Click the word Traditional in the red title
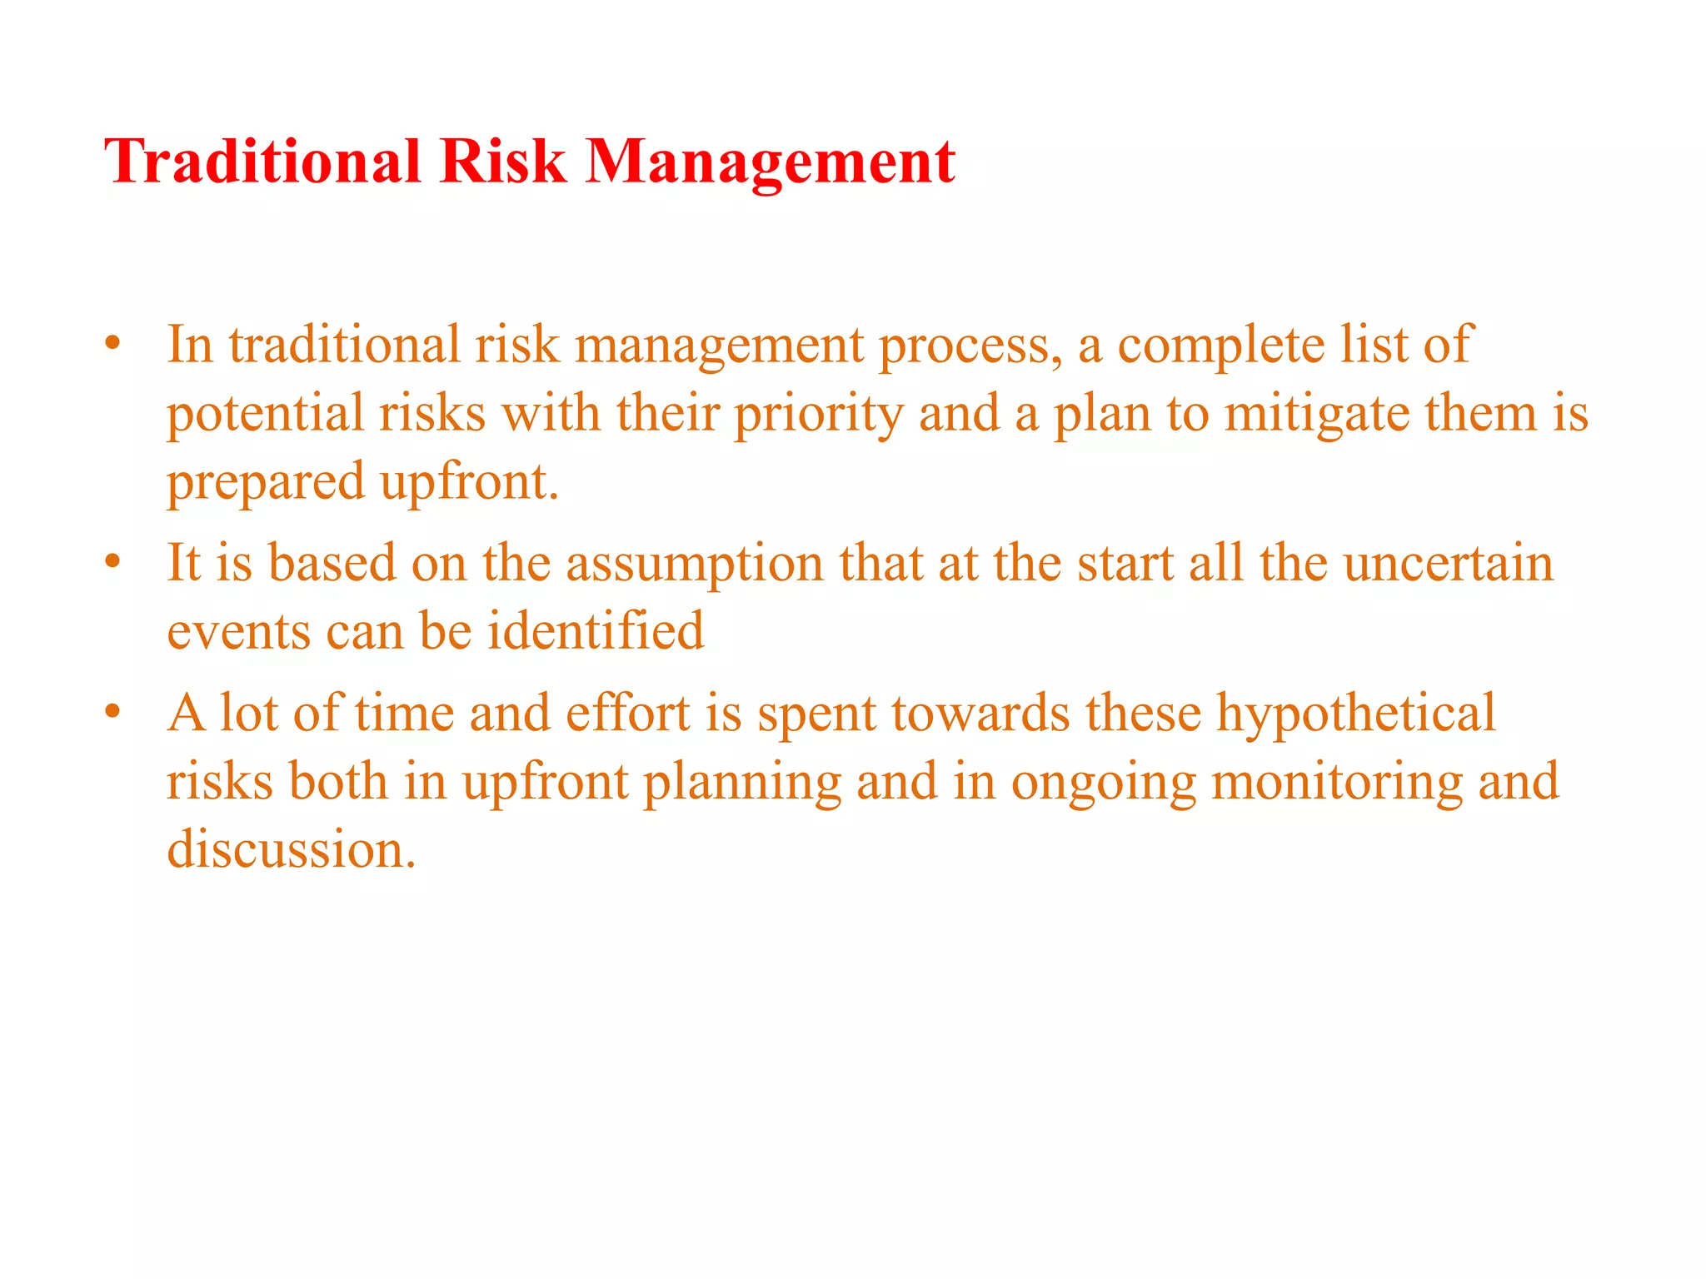(x=262, y=161)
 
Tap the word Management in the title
(x=770, y=162)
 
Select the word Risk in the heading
(x=502, y=161)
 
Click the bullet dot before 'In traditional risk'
(x=113, y=345)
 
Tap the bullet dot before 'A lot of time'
(x=113, y=714)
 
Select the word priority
(x=818, y=415)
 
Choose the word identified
(x=596, y=631)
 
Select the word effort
(x=628, y=714)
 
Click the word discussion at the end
(x=291, y=849)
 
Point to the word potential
(x=265, y=415)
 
